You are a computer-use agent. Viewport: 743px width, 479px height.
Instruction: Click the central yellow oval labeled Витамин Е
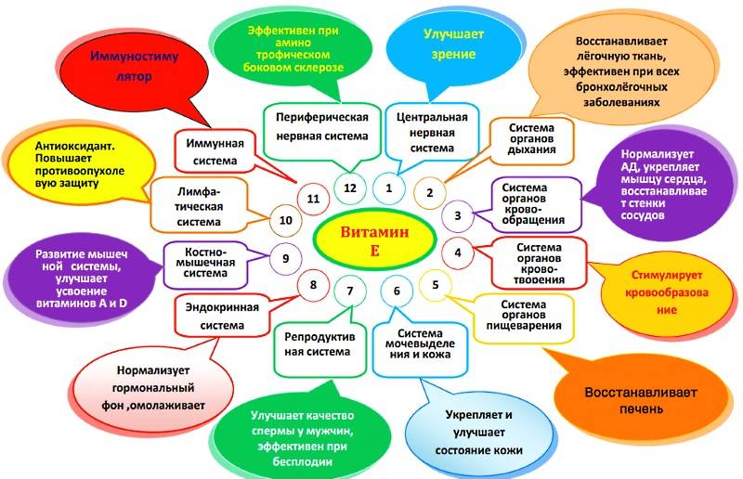point(374,240)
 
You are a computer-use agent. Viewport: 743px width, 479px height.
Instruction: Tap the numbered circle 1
point(389,188)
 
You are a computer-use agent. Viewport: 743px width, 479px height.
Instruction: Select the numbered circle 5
point(436,285)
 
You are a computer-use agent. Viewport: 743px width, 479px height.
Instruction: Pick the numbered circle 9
point(286,259)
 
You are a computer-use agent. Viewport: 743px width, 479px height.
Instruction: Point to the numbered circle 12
point(350,188)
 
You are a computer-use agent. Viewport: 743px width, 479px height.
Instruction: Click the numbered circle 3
point(458,216)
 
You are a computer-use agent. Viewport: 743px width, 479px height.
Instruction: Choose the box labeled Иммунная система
point(215,151)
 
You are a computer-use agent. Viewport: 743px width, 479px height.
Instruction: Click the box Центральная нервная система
point(432,132)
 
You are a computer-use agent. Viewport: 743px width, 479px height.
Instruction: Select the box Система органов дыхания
point(531,138)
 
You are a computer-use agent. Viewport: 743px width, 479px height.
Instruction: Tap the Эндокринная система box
point(222,316)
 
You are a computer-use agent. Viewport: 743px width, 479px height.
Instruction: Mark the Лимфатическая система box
point(200,206)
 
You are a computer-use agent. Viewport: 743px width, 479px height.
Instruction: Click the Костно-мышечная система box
point(205,263)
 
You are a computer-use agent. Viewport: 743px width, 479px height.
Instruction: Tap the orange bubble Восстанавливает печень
point(641,400)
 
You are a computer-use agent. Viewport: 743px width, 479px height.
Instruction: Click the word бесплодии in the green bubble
point(303,461)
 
